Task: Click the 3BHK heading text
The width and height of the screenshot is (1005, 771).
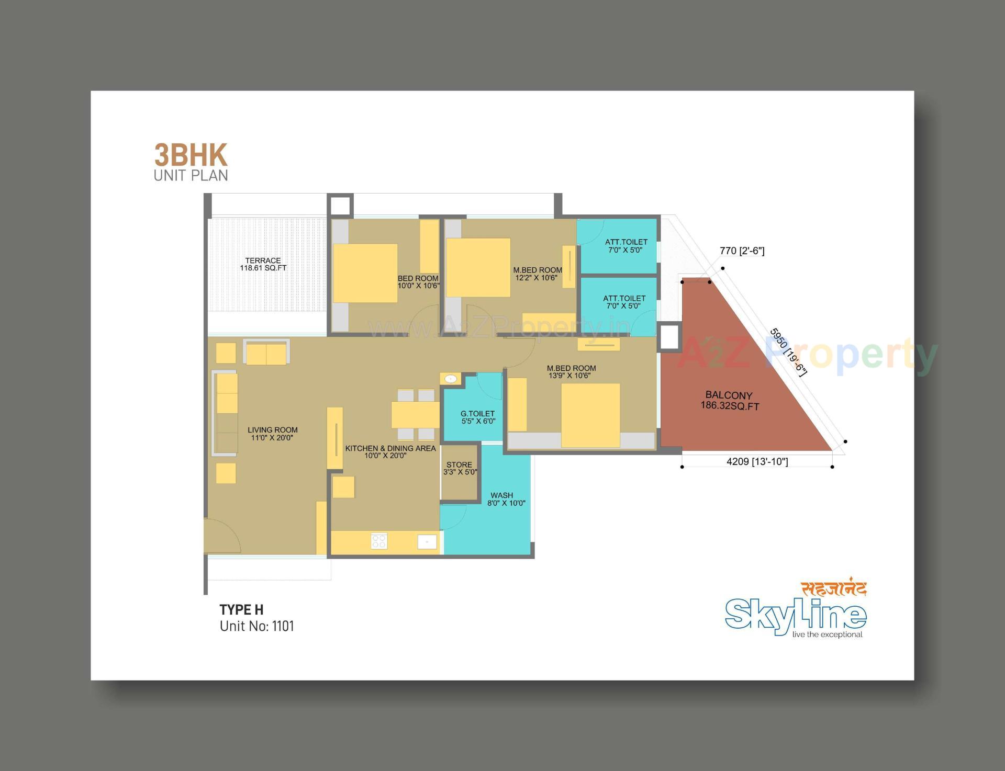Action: (191, 155)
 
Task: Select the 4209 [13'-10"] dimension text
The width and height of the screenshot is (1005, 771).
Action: (757, 461)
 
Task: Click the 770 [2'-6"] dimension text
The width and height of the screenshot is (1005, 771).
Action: (742, 251)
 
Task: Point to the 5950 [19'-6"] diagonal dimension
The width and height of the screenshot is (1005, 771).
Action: (788, 352)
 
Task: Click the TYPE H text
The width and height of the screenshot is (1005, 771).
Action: (241, 610)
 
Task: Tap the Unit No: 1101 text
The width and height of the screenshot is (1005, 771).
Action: (256, 626)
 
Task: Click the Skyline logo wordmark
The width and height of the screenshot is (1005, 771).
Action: (795, 616)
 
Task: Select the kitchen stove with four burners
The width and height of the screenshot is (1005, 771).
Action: (379, 541)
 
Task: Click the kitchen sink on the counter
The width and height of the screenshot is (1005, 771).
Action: (427, 541)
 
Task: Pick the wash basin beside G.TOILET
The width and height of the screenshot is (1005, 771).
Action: (451, 378)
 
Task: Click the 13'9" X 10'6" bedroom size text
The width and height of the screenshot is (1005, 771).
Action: (569, 376)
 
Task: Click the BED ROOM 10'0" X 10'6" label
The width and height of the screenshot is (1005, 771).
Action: (418, 282)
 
